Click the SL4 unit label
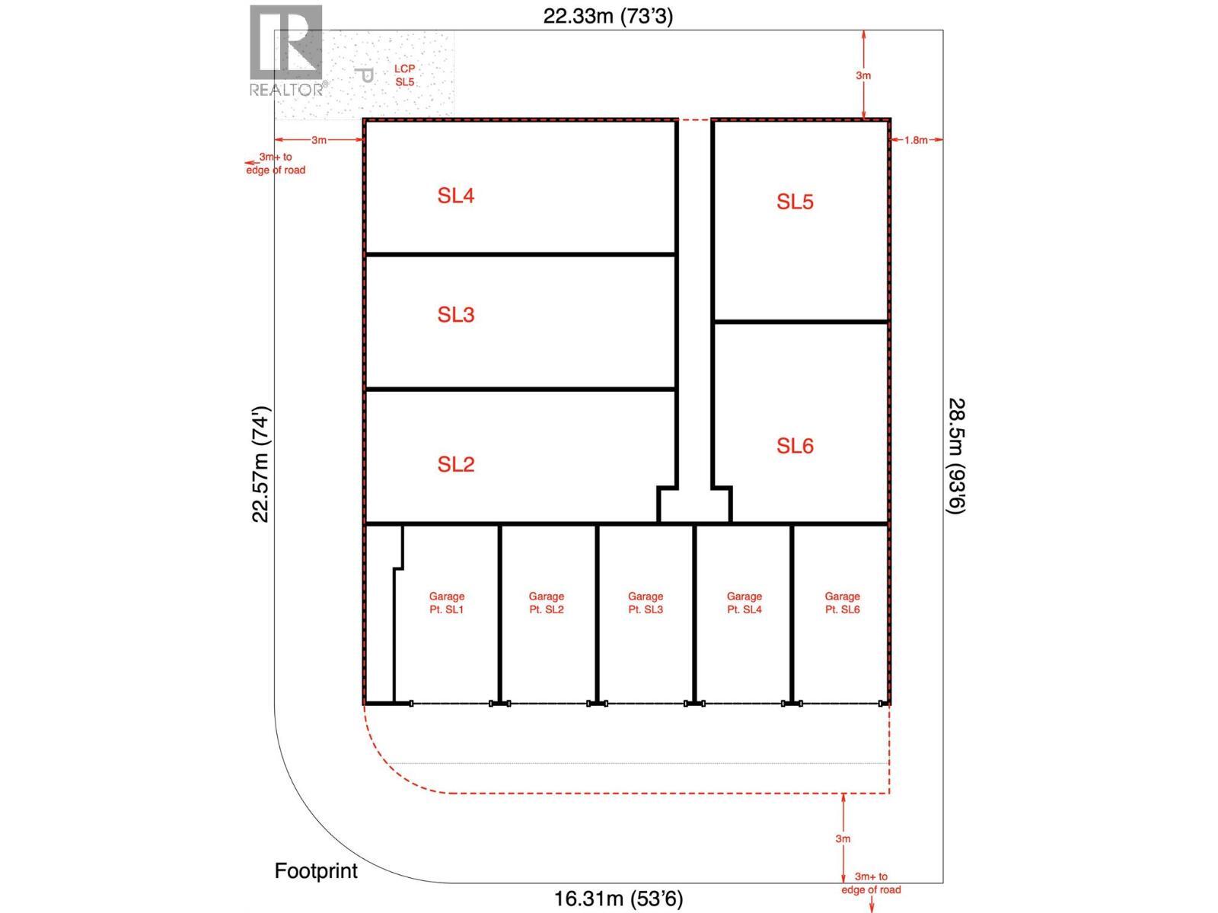click(455, 196)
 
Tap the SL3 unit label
click(455, 315)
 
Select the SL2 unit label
click(455, 464)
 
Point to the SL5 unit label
click(795, 202)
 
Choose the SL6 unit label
click(795, 446)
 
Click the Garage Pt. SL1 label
click(446, 603)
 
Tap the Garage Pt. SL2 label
click(546, 603)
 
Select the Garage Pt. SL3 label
click(645, 603)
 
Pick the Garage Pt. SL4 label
click(744, 603)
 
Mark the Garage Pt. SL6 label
click(842, 603)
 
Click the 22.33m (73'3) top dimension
click(607, 16)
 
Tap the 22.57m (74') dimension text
click(261, 464)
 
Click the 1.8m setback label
click(916, 140)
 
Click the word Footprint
click(316, 870)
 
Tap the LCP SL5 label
click(404, 75)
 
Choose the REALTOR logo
click(287, 51)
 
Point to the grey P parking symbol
click(365, 75)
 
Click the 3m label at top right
click(863, 75)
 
